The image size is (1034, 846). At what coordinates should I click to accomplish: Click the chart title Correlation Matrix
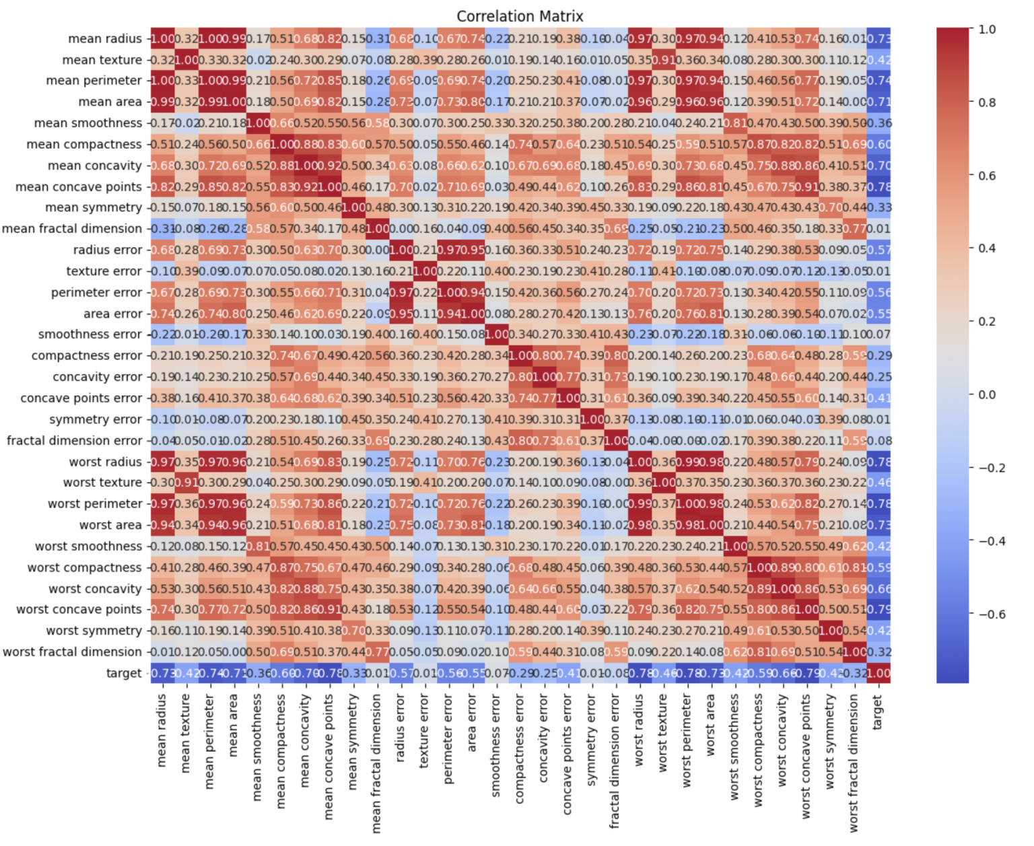(x=520, y=16)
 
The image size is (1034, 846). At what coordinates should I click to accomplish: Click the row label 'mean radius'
(x=105, y=39)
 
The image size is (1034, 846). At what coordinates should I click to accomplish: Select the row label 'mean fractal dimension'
(x=72, y=229)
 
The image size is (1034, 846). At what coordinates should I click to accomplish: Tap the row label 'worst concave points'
(x=79, y=610)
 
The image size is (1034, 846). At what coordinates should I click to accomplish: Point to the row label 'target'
(x=124, y=673)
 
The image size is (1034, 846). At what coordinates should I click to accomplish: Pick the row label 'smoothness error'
(x=90, y=334)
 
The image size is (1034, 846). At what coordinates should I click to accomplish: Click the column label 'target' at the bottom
(x=878, y=712)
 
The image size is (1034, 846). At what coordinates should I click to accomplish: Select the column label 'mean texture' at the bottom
(x=186, y=734)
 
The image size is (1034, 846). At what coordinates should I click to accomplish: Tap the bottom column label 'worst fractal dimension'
(x=854, y=763)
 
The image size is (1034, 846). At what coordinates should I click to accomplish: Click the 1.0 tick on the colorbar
(x=987, y=30)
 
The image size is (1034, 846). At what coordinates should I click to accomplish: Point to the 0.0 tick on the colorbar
(x=987, y=394)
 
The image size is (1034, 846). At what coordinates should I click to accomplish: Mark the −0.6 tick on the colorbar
(x=991, y=614)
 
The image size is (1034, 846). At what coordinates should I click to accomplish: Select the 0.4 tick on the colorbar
(x=987, y=248)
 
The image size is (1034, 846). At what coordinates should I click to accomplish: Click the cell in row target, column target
(x=878, y=673)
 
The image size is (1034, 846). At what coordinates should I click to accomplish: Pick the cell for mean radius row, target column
(x=878, y=39)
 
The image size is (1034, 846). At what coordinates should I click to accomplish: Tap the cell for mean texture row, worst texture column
(x=663, y=60)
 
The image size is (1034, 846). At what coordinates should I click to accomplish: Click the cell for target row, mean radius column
(x=162, y=673)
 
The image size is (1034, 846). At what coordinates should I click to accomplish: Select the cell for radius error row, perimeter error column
(x=448, y=250)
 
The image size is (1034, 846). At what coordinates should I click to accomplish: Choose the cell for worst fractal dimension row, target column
(x=878, y=652)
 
